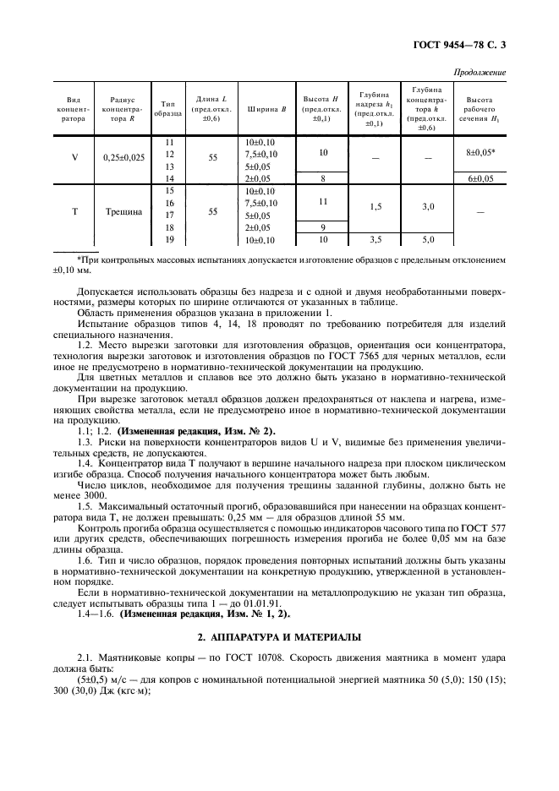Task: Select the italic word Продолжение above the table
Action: click(480, 73)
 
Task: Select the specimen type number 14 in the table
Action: click(170, 178)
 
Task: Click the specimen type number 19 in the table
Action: click(170, 240)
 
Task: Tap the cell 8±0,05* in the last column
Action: click(480, 152)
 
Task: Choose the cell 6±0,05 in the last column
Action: click(480, 178)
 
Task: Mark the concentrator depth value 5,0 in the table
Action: click(428, 240)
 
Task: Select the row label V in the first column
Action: click(74, 156)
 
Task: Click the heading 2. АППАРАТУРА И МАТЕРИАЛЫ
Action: click(279, 636)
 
